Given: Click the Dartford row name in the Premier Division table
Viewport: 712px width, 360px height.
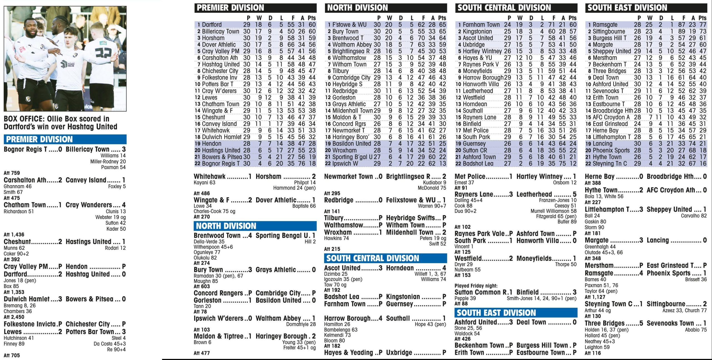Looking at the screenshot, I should (212, 24).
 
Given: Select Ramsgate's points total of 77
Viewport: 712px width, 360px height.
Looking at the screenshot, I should (703, 24).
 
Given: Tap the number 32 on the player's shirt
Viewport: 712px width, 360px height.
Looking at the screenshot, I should (103, 53).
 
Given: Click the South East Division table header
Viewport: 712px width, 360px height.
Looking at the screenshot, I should (627, 8).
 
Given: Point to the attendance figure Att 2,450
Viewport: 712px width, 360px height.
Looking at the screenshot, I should (14, 317).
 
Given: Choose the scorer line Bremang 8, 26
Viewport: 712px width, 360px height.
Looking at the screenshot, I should (20, 305).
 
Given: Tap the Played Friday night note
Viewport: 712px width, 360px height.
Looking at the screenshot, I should (476, 286).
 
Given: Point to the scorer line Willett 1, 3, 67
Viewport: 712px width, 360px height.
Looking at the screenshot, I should (430, 274).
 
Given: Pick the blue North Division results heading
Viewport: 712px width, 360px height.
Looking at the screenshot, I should (226, 226).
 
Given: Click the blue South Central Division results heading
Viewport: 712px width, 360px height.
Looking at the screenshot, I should (372, 258).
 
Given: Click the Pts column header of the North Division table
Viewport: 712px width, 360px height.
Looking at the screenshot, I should (442, 18).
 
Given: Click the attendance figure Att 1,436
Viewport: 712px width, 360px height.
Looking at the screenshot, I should (14, 234).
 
